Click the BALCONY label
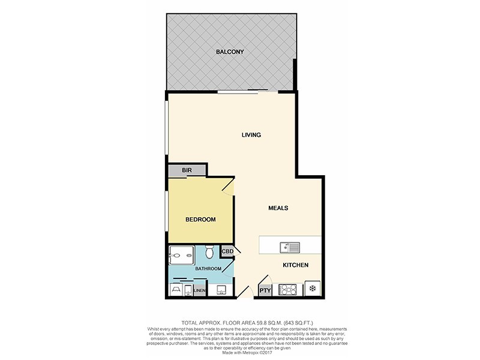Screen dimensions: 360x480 [230, 52]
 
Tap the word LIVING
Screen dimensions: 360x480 [251, 135]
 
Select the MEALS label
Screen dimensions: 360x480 [278, 208]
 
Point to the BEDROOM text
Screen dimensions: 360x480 [200, 220]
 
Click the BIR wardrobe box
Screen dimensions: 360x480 [187, 171]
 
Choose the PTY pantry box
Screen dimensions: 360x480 [265, 290]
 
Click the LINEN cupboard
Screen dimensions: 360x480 [199, 291]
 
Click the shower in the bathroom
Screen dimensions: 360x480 [182, 257]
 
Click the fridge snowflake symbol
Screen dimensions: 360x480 [313, 289]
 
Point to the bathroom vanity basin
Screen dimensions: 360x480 [220, 289]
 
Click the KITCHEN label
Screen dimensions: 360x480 [295, 265]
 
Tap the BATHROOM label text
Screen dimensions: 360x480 [208, 269]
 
